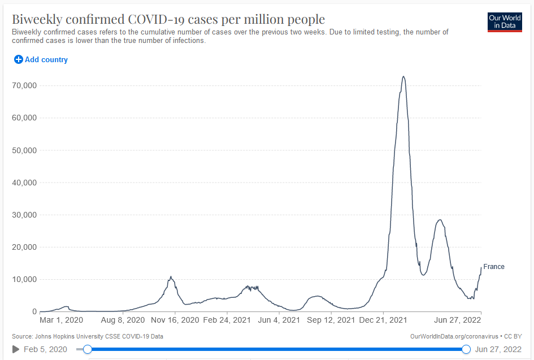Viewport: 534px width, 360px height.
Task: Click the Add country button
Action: point(41,60)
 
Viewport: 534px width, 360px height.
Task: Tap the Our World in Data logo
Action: point(505,22)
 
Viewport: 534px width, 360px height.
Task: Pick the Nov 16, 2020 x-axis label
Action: point(175,320)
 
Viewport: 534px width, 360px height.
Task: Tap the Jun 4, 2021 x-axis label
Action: point(279,320)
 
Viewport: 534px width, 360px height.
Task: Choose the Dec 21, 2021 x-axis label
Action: point(383,320)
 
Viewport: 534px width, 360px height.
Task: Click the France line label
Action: point(493,267)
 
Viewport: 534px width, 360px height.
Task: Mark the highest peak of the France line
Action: point(403,76)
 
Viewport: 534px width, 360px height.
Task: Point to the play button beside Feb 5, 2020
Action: point(16,349)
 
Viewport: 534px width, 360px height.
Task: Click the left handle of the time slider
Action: point(87,349)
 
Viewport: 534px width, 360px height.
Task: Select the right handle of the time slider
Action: point(466,349)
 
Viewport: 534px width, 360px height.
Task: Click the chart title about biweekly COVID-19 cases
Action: point(168,19)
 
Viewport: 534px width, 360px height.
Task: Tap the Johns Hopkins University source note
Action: point(88,336)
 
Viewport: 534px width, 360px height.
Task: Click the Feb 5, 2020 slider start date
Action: point(45,349)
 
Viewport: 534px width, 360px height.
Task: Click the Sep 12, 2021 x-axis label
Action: point(331,320)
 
